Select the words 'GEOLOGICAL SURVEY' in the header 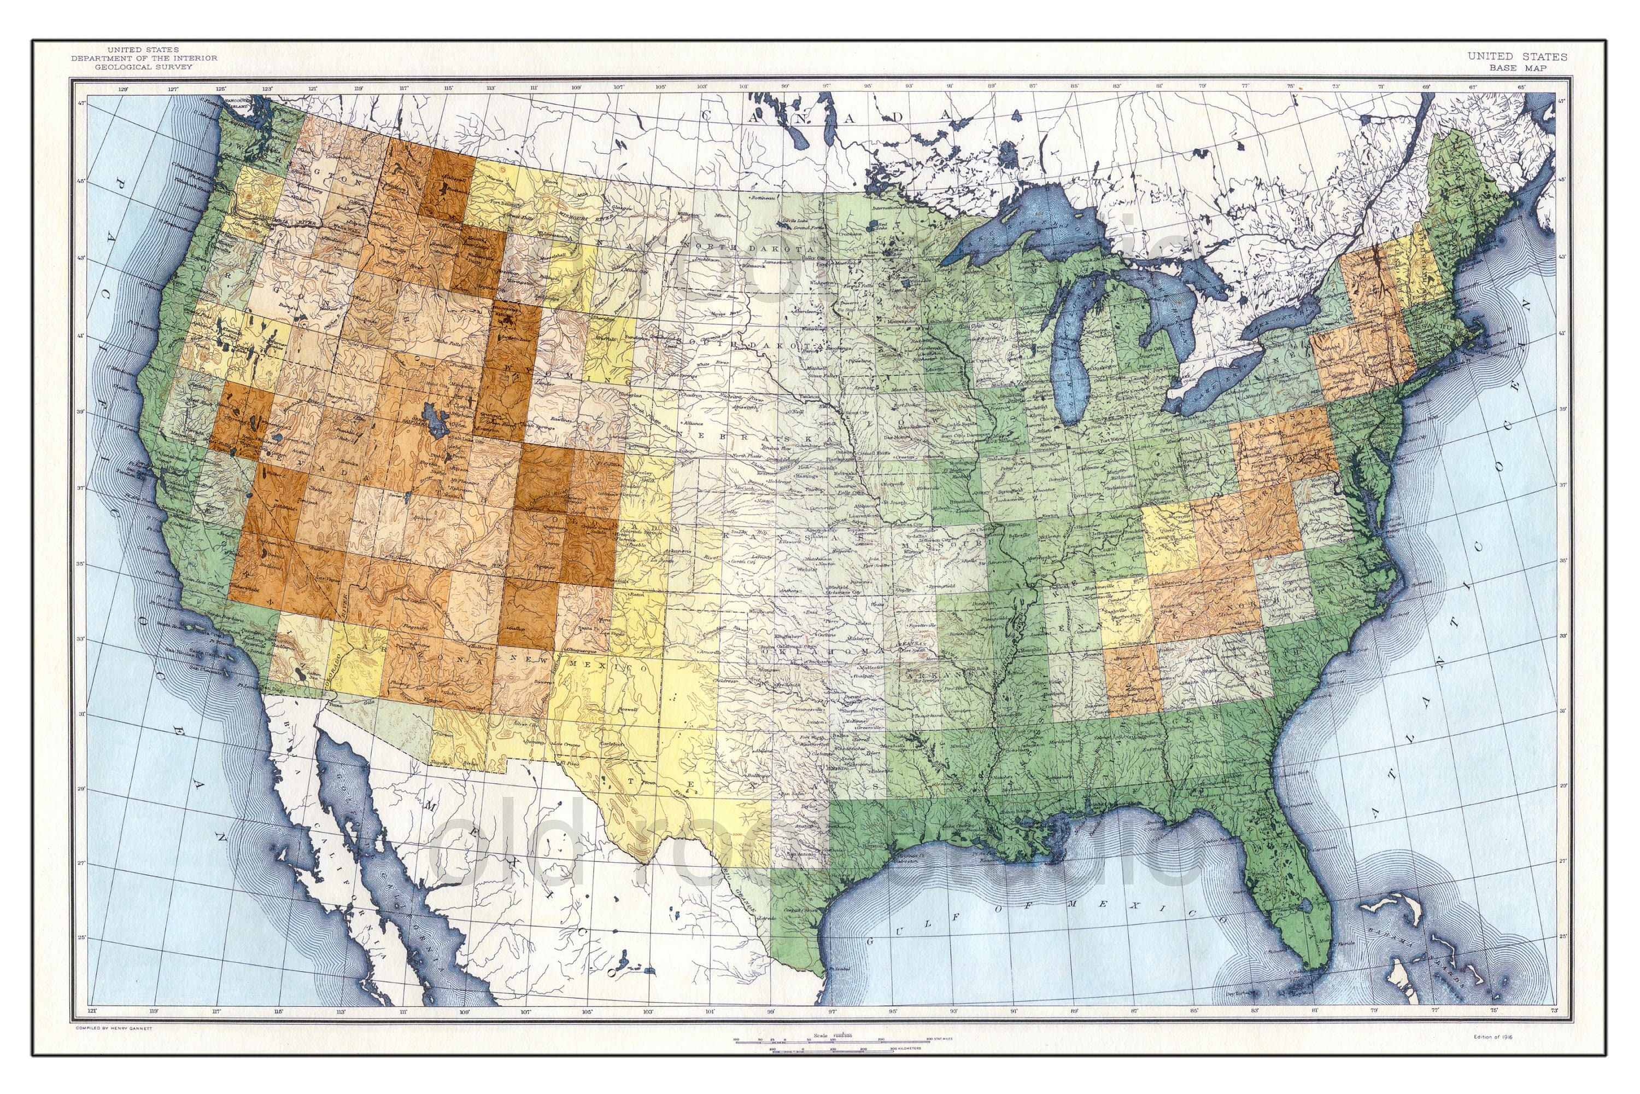point(144,67)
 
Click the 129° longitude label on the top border point(124,89)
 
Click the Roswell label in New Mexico point(628,709)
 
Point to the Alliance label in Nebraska point(693,423)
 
